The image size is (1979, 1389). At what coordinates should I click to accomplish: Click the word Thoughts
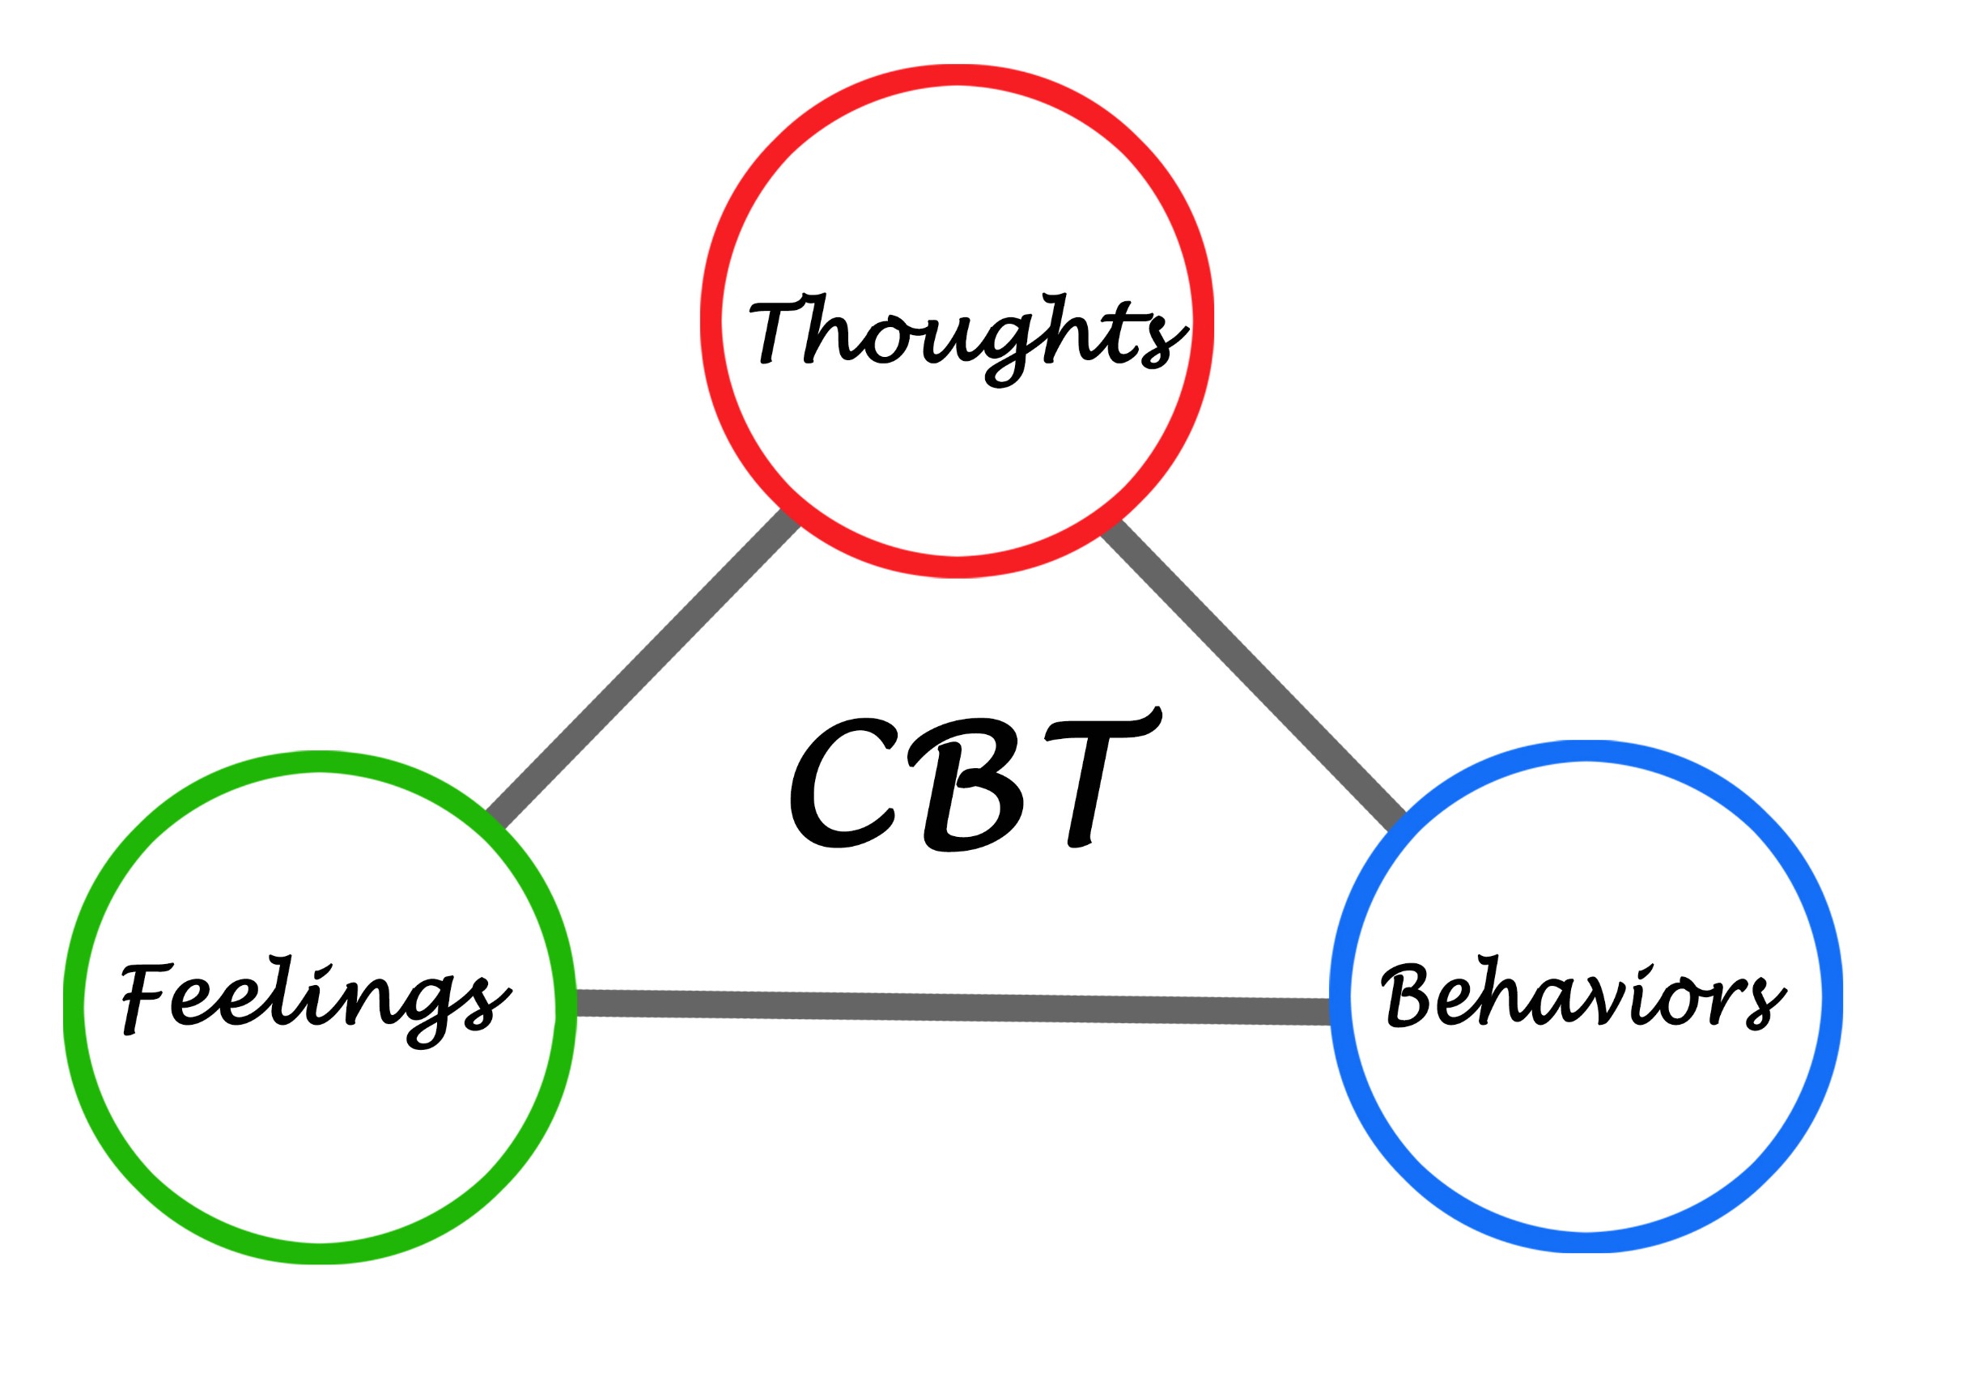click(x=967, y=338)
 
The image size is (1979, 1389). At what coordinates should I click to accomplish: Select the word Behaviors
click(x=1584, y=993)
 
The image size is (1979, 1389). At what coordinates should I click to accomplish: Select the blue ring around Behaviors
click(x=1586, y=750)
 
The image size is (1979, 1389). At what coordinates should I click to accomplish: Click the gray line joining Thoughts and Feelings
click(x=643, y=669)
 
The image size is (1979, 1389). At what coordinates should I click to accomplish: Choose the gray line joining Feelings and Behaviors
click(x=953, y=1008)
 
